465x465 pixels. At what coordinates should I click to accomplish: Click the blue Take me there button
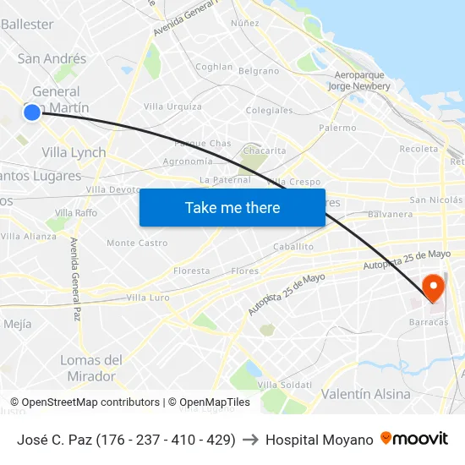coord(232,208)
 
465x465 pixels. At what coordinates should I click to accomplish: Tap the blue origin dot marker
coord(31,111)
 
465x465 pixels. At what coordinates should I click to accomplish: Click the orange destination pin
coord(433,288)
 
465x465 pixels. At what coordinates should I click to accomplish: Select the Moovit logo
coord(414,439)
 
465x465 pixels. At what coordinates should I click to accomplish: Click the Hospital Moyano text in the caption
coord(319,440)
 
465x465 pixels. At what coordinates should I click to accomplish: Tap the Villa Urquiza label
coord(172,107)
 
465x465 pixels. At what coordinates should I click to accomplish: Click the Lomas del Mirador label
coord(90,368)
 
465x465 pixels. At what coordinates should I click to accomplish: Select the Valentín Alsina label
coord(365,394)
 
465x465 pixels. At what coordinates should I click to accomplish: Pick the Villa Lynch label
coord(74,152)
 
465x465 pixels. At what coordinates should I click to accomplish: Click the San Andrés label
coord(52,58)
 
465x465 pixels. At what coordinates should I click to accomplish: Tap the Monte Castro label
coord(137,243)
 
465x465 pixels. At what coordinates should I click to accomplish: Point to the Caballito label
coord(293,247)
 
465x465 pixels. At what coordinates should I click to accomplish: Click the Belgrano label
coord(259,71)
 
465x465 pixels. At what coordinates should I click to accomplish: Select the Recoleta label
coord(418,149)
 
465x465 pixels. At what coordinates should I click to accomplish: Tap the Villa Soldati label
coord(279,385)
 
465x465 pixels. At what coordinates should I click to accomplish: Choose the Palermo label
coord(337,128)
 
